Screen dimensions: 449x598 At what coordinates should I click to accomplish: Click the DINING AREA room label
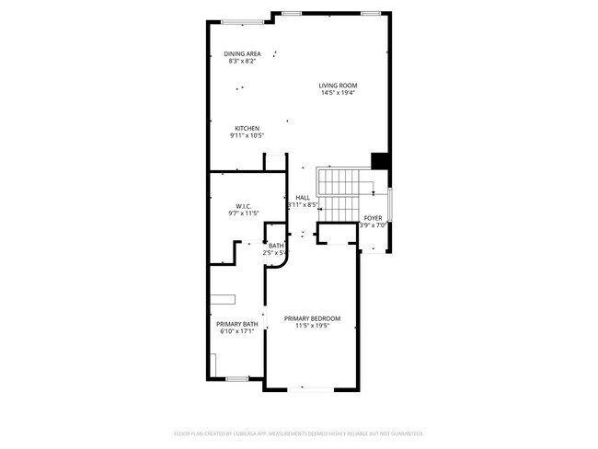(x=242, y=53)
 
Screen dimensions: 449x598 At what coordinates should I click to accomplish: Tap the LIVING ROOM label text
(x=339, y=86)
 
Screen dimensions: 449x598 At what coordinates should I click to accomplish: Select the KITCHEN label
(x=247, y=128)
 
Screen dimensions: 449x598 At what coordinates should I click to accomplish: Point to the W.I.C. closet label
(x=244, y=206)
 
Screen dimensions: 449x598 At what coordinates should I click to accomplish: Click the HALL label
(x=303, y=198)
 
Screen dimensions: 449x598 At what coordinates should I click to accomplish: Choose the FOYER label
(x=373, y=218)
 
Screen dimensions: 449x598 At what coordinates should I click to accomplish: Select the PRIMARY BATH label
(x=236, y=324)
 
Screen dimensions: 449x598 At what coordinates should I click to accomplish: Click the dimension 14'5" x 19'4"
(x=339, y=93)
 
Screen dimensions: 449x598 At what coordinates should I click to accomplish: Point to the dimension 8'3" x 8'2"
(x=242, y=61)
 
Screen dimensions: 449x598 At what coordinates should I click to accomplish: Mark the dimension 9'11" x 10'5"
(x=247, y=135)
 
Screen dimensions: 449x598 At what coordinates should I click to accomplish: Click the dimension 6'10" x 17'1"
(x=236, y=331)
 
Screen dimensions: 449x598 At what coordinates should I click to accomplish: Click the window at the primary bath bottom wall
(x=236, y=378)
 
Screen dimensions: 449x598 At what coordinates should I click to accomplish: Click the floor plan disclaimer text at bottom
(x=298, y=432)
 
